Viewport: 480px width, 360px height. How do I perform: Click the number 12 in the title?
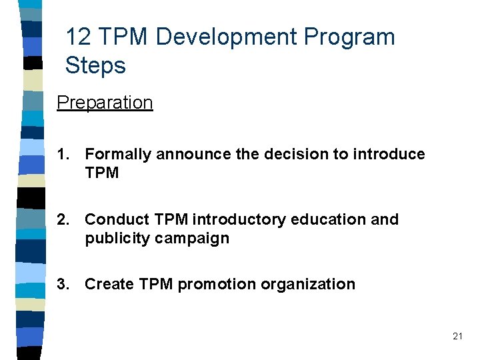coord(79,37)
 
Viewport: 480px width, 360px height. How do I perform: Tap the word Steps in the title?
coord(95,66)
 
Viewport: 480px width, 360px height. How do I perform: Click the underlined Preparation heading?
coord(105,103)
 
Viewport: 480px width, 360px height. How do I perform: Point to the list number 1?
coord(63,155)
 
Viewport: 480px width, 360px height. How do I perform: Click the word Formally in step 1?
coord(118,155)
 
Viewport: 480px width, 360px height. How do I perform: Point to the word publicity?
coord(118,239)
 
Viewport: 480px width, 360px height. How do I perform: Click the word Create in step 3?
coord(109,285)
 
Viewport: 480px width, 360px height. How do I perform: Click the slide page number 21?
coord(457,337)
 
